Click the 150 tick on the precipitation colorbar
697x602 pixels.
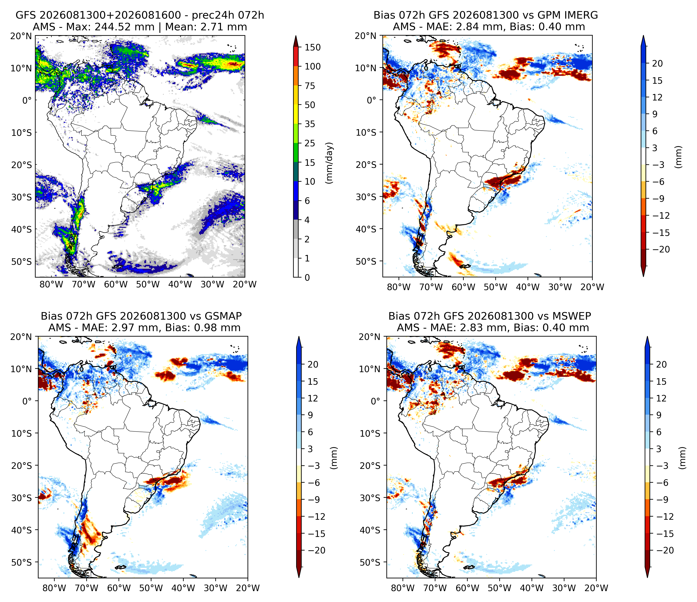click(312, 47)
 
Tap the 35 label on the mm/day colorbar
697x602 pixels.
click(310, 124)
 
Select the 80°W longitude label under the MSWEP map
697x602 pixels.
click(403, 588)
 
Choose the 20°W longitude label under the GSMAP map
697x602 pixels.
click(248, 588)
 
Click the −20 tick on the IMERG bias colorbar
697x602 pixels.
click(661, 250)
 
